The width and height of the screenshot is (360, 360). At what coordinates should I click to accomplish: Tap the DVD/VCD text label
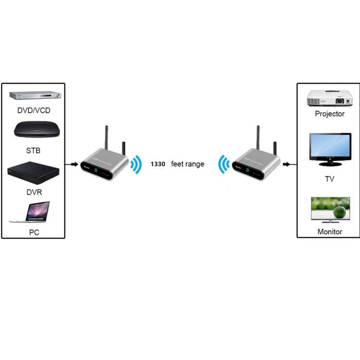34,110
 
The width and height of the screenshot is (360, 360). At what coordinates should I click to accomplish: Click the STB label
33,151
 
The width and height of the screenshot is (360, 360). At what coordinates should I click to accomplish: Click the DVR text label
33,192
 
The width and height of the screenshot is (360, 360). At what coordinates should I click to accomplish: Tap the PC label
34,232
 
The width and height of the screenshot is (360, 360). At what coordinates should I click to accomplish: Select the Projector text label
330,114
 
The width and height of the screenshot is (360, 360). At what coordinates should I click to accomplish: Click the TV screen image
329,149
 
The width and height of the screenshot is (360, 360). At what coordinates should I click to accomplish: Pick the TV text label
329,179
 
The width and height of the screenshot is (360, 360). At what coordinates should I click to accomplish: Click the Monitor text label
330,232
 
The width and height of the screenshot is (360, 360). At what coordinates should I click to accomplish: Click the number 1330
158,164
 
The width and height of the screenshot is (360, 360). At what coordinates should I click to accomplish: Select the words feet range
188,164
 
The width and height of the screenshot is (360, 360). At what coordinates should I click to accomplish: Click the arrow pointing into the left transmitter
73,164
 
